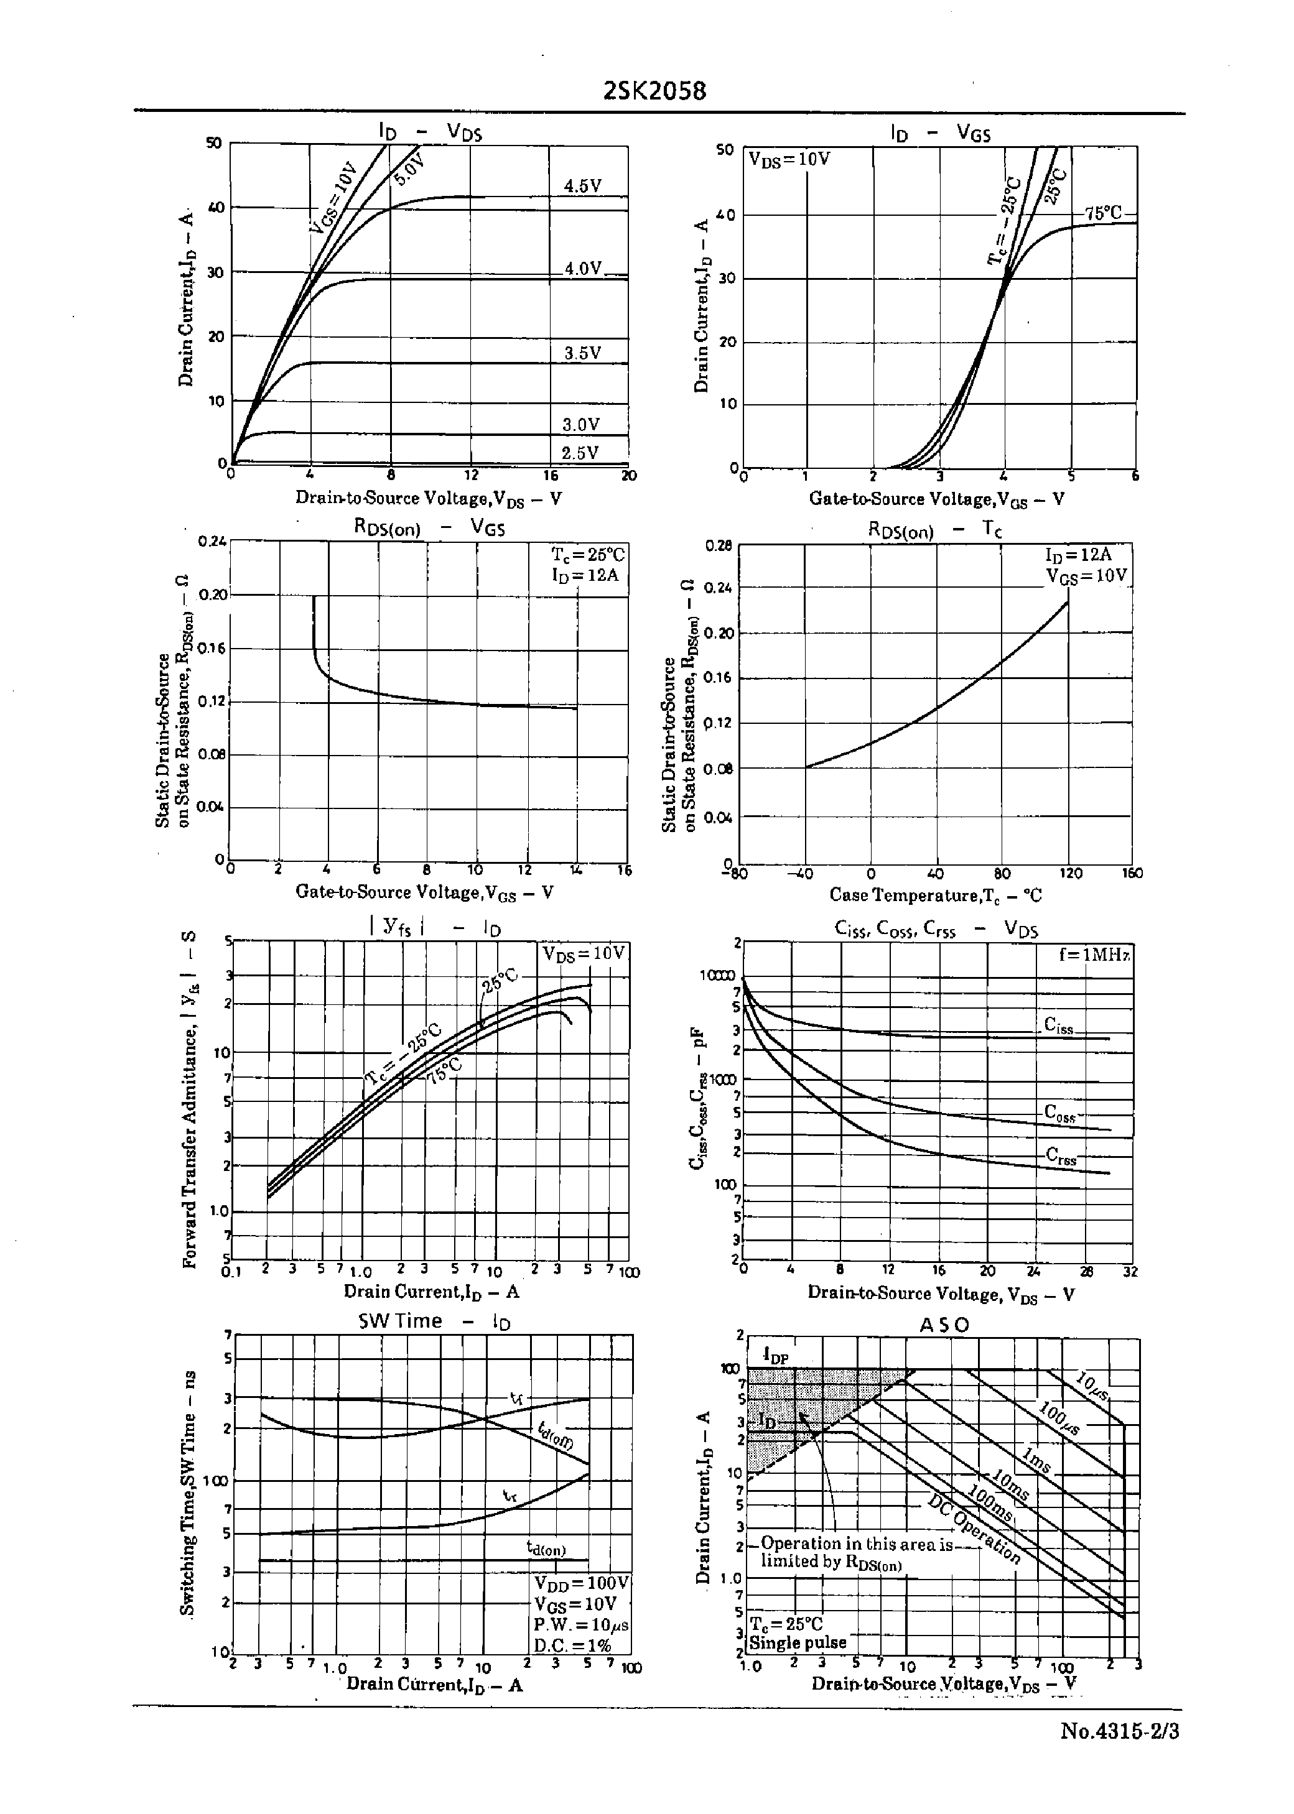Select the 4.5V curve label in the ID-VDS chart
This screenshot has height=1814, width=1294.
[x=582, y=187]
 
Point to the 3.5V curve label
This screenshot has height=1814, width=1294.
[x=582, y=353]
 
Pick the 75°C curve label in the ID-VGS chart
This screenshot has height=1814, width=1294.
[x=1103, y=213]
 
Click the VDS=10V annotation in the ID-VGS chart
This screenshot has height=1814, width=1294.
[x=789, y=159]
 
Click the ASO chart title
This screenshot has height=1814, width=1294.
[x=944, y=1325]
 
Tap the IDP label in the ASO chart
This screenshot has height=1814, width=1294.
[x=775, y=1354]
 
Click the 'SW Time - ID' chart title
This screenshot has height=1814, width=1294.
[x=434, y=1321]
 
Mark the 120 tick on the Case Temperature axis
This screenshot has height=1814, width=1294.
[x=1070, y=874]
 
